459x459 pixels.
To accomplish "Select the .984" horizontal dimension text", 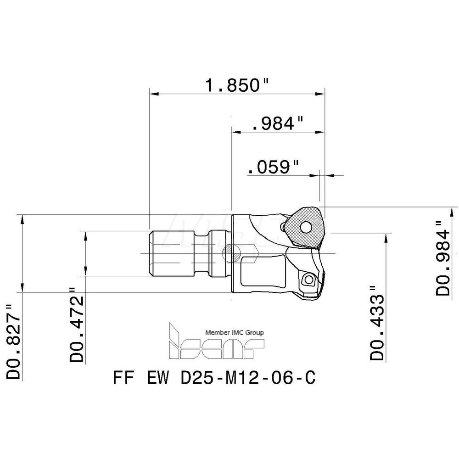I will [279, 123].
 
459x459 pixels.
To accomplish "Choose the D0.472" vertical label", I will [78, 324].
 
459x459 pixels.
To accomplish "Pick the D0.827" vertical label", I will [14, 340].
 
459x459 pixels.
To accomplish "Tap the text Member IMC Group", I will [234, 333].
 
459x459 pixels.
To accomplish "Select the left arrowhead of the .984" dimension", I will [234, 132].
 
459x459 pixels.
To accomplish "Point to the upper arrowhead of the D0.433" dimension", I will [389, 235].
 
